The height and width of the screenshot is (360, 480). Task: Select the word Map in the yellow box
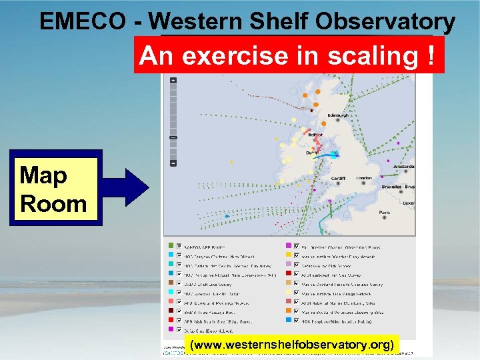click(x=43, y=176)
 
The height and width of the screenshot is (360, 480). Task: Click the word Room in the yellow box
click(x=53, y=203)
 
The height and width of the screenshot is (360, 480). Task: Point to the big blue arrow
click(x=127, y=189)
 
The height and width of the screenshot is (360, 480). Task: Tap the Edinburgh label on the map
click(x=339, y=115)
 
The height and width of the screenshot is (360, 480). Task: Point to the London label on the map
click(x=364, y=178)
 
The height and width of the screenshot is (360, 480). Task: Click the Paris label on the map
click(x=385, y=213)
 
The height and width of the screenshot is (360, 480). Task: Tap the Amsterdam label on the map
click(x=403, y=166)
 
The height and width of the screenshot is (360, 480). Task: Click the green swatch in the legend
click(x=171, y=245)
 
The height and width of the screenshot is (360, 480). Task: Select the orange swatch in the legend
click(x=289, y=310)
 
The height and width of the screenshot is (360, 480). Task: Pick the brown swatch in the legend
click(x=171, y=310)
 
